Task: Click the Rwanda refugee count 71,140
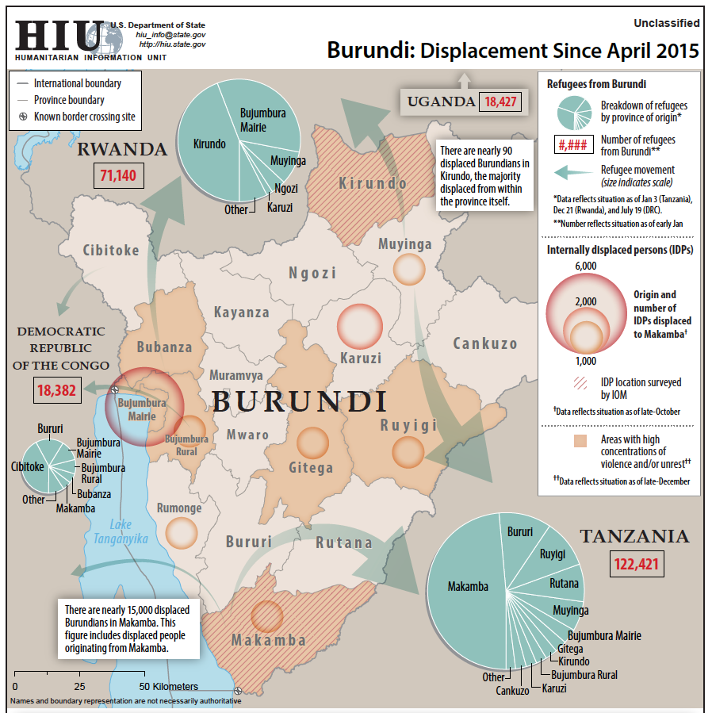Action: point(118,174)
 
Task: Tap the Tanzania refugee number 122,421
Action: point(637,565)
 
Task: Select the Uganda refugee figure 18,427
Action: point(500,102)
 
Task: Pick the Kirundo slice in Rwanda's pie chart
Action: point(209,144)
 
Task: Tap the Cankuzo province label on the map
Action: point(484,343)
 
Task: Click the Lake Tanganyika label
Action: point(121,531)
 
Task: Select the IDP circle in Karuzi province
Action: point(360,327)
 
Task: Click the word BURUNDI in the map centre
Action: point(300,401)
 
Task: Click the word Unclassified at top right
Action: point(667,24)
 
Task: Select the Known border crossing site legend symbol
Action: point(24,117)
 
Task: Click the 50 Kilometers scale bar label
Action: point(170,686)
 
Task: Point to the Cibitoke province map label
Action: point(110,251)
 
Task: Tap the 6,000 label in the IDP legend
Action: point(584,266)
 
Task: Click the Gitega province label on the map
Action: point(312,467)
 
